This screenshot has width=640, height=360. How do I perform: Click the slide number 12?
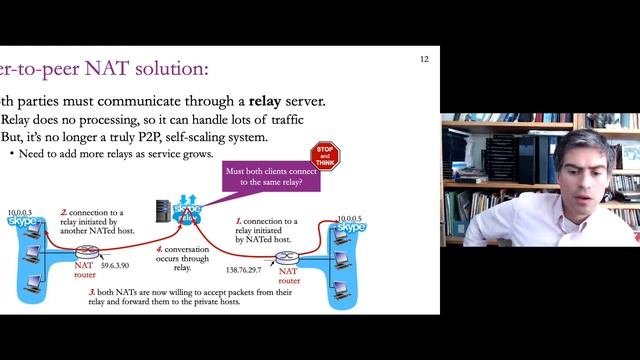coord(424,60)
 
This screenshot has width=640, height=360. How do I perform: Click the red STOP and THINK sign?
coord(325,156)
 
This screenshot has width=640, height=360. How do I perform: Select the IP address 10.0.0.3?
coord(20,212)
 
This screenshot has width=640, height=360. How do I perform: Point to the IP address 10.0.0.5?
coord(350,218)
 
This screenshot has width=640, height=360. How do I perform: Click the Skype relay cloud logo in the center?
coord(187,211)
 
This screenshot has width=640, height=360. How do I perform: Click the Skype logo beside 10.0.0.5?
coord(351,228)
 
